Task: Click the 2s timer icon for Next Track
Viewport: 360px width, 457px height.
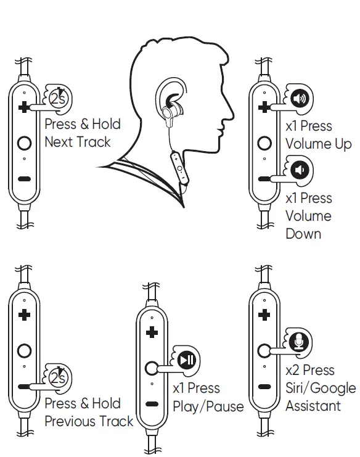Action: coord(59,97)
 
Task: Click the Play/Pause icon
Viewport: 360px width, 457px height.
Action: coord(187,359)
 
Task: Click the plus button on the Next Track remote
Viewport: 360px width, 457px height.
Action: coord(24,107)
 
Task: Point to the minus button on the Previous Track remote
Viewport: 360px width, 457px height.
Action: coord(24,387)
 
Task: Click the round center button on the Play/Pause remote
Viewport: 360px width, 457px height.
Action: coord(152,369)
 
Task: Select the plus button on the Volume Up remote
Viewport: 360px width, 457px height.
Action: coord(264,108)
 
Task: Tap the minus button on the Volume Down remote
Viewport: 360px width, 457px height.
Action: coord(264,179)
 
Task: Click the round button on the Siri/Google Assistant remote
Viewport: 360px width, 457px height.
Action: coord(264,350)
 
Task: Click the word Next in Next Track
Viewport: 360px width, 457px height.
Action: coord(59,142)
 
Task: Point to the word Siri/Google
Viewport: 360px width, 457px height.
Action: coord(321,389)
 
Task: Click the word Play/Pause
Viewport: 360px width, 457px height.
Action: coord(208,407)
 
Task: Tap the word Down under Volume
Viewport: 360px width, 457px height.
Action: coord(303,234)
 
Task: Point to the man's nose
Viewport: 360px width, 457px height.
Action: coord(229,111)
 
